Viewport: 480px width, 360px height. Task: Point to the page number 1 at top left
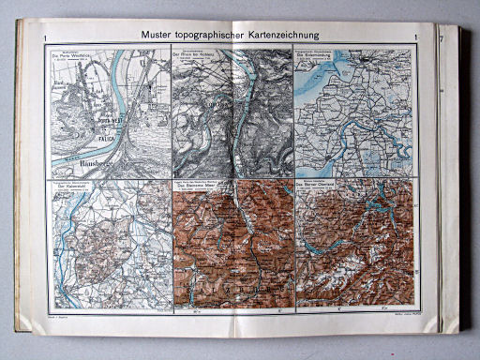coord(46,37)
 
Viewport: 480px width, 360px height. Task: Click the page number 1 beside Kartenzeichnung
coord(414,37)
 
